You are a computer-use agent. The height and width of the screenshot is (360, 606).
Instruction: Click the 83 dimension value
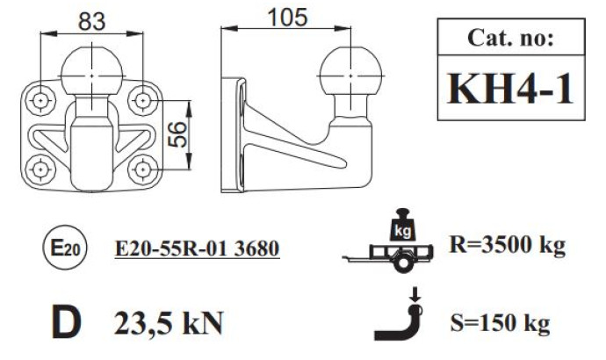tap(91, 21)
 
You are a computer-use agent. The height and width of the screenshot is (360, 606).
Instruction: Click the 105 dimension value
tap(287, 18)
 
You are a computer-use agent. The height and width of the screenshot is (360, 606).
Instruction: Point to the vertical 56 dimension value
tap(177, 134)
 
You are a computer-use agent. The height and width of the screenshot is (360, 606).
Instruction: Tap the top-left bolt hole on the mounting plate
tap(40, 100)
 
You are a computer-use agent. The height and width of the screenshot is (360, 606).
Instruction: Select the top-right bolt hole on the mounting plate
tap(143, 100)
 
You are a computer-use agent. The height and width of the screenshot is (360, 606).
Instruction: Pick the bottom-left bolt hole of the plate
tap(40, 169)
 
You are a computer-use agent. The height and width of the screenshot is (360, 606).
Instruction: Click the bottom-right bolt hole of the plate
tap(143, 169)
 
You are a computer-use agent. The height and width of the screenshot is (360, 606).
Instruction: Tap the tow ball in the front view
tap(92, 71)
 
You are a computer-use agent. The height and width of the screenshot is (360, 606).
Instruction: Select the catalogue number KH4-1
tap(510, 89)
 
